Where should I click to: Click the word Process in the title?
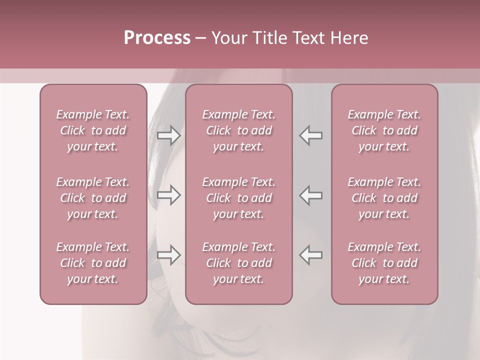(x=157, y=38)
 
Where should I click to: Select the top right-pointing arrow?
(x=168, y=135)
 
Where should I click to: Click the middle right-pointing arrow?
(x=168, y=195)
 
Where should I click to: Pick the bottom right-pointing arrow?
(x=168, y=255)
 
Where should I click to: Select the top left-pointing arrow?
(x=311, y=135)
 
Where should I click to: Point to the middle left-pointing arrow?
(x=311, y=195)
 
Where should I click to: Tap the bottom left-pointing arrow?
(x=311, y=255)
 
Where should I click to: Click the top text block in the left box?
(x=93, y=130)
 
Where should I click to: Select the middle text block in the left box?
(x=93, y=198)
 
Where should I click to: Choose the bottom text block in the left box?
(x=93, y=263)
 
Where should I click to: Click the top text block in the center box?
(x=239, y=130)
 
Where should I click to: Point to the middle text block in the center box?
(x=239, y=198)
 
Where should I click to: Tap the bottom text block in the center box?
(x=239, y=263)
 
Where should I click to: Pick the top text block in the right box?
(x=384, y=130)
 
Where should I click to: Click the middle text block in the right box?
(x=384, y=198)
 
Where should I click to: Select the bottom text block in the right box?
(x=384, y=263)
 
